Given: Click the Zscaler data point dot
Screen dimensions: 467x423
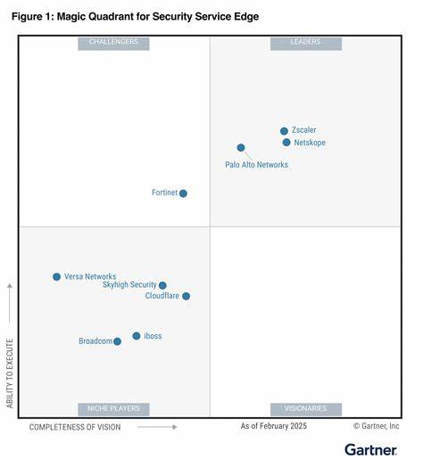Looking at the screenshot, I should tap(284, 131).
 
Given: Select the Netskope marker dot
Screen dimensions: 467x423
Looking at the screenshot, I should tap(286, 143).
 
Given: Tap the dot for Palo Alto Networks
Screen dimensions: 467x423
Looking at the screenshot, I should tap(241, 148).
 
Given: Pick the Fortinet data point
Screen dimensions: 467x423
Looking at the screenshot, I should tap(183, 193).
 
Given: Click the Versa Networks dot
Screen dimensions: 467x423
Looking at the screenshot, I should tap(56, 277).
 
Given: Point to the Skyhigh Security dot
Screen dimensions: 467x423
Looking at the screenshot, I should tap(162, 286).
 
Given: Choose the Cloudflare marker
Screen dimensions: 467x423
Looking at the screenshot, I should tap(186, 296).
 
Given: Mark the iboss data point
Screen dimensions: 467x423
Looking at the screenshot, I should tap(137, 336).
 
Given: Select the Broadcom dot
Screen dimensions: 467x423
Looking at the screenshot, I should tap(117, 341).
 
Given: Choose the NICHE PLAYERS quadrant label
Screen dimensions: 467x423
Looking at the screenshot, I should tap(113, 409).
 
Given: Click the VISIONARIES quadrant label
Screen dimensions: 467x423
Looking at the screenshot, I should tap(305, 409).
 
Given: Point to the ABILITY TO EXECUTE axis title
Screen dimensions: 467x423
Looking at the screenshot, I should tap(11, 373).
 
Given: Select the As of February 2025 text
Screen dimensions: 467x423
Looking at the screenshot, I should tap(273, 427).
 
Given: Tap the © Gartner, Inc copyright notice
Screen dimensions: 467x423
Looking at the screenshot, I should tap(376, 427).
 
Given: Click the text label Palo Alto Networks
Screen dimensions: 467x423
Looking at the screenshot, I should tap(256, 165).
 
